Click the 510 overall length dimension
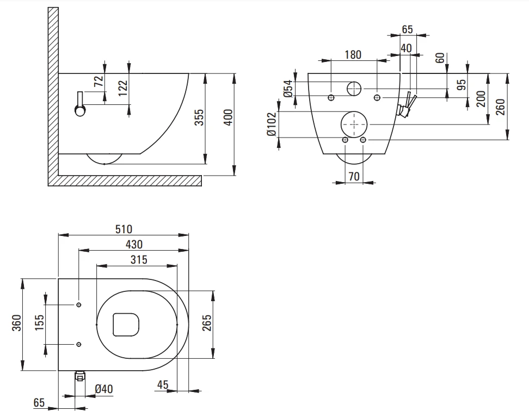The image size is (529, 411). [x=124, y=229]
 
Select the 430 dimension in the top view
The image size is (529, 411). [x=134, y=244]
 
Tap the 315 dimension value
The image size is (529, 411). [x=139, y=260]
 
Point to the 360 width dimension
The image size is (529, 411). [x=16, y=323]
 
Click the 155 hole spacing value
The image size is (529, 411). [x=40, y=323]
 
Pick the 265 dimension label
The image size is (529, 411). [x=207, y=323]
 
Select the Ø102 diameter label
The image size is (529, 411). [x=272, y=124]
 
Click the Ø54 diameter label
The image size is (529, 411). [x=288, y=89]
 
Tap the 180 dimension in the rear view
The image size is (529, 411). [x=353, y=54]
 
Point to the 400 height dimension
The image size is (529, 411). [x=229, y=117]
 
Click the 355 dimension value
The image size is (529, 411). [x=200, y=117]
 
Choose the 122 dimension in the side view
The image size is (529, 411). [x=123, y=88]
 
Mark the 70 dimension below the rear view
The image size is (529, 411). [x=354, y=176]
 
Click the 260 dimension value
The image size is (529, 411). [x=501, y=107]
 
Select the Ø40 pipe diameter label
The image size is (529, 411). [x=104, y=389]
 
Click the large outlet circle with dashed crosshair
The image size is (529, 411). [x=354, y=124]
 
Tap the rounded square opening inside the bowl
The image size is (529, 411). [x=126, y=325]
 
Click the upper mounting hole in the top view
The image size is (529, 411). [x=78, y=305]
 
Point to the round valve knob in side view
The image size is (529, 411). [x=81, y=110]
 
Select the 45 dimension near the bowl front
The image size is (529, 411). [x=163, y=384]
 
